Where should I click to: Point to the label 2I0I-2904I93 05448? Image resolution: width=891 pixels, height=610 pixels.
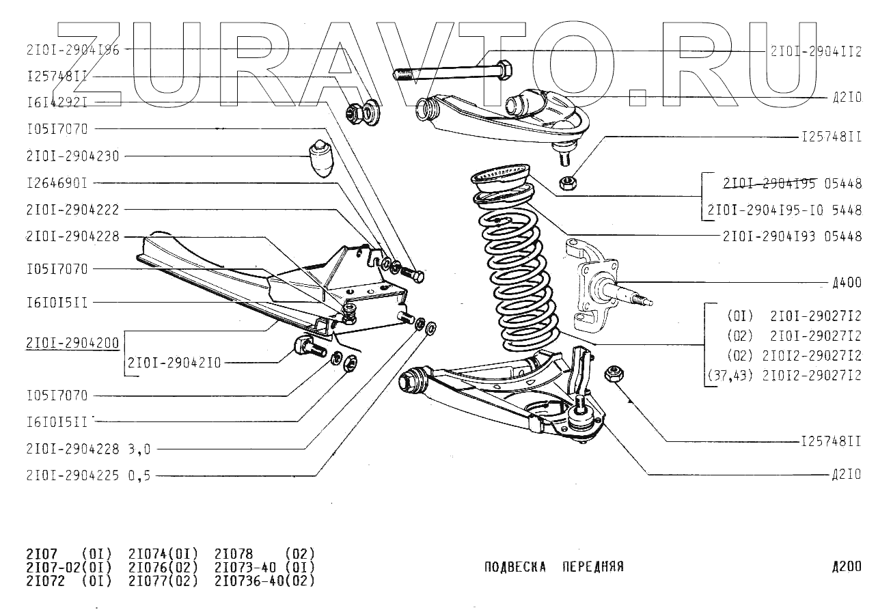click(x=792, y=237)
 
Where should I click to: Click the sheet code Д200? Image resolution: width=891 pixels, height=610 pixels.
click(x=847, y=566)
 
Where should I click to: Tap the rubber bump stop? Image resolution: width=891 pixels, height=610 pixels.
click(x=320, y=158)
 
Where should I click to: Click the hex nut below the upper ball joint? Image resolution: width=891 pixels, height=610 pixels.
click(x=566, y=182)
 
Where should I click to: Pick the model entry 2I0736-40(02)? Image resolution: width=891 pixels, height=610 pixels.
click(x=264, y=581)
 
